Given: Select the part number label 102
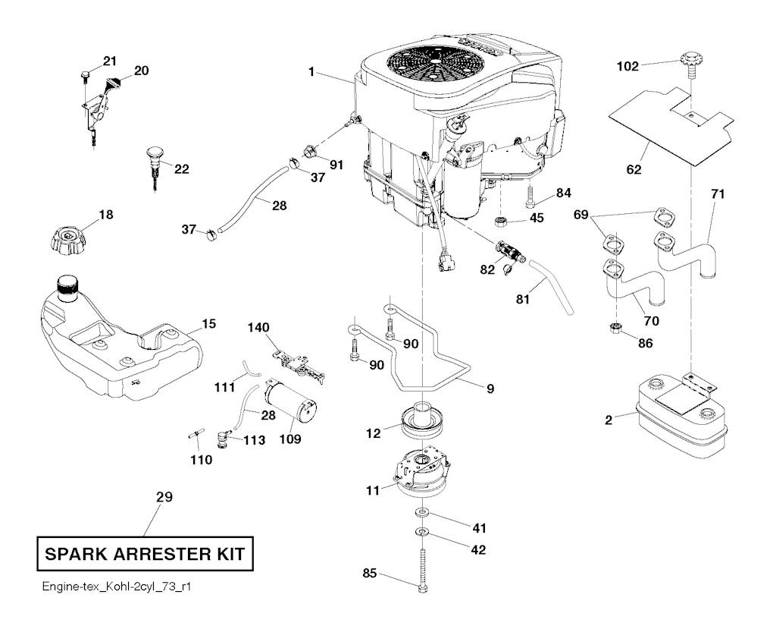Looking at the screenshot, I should pyautogui.click(x=626, y=66).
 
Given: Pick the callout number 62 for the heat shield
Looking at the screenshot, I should pyautogui.click(x=634, y=169).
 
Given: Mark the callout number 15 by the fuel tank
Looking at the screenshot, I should pyautogui.click(x=208, y=324).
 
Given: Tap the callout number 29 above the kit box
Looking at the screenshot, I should pyautogui.click(x=164, y=498).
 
